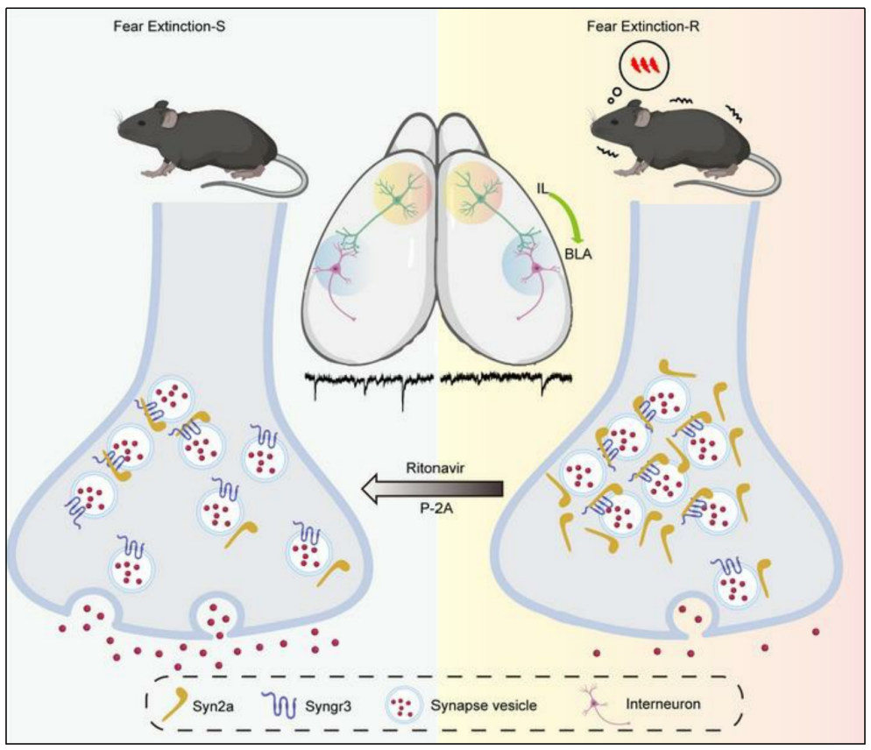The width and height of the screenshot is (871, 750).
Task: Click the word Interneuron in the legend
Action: [x=670, y=700]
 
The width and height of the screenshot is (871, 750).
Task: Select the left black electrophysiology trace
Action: [x=369, y=382]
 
